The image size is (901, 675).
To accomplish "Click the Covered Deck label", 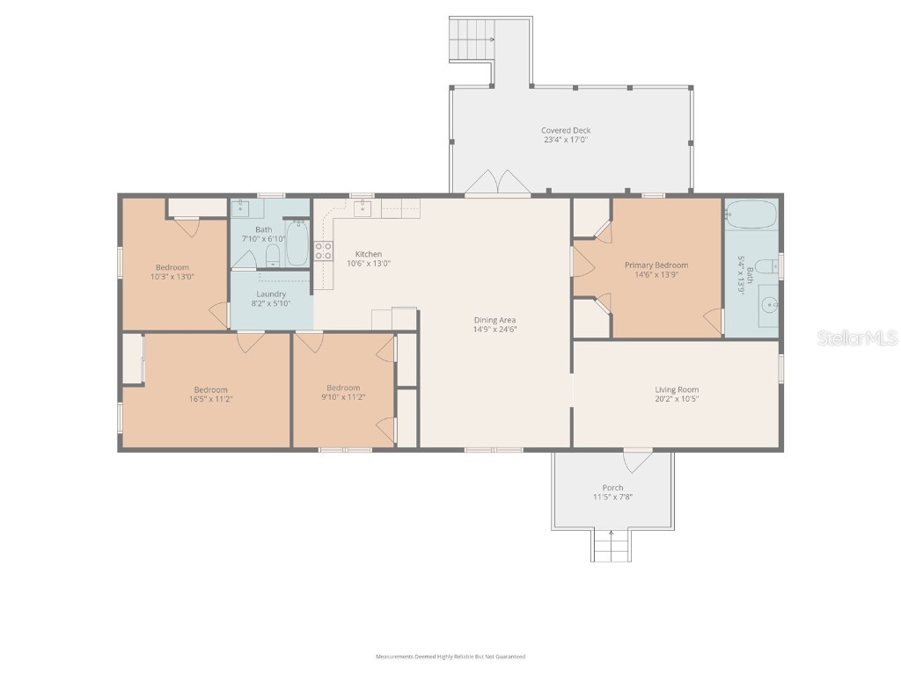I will [565, 130].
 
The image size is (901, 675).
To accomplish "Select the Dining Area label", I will [494, 320].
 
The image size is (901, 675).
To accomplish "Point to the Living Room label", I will [677, 389].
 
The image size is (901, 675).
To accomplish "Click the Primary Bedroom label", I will [656, 265].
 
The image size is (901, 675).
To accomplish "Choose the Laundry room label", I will [271, 294].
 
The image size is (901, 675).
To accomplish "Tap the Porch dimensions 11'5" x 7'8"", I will [612, 497].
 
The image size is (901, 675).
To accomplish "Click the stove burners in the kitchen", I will [323, 251].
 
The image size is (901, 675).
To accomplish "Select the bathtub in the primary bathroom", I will [751, 214].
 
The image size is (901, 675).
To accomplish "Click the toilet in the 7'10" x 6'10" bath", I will [273, 256].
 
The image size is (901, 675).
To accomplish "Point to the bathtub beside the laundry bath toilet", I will [297, 243].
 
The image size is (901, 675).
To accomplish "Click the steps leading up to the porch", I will [611, 546].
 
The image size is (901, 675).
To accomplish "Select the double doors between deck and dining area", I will [497, 183].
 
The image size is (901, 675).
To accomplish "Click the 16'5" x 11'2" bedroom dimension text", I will [210, 398].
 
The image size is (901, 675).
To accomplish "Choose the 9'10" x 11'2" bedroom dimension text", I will [343, 396].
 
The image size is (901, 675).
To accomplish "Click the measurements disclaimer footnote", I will [450, 657].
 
